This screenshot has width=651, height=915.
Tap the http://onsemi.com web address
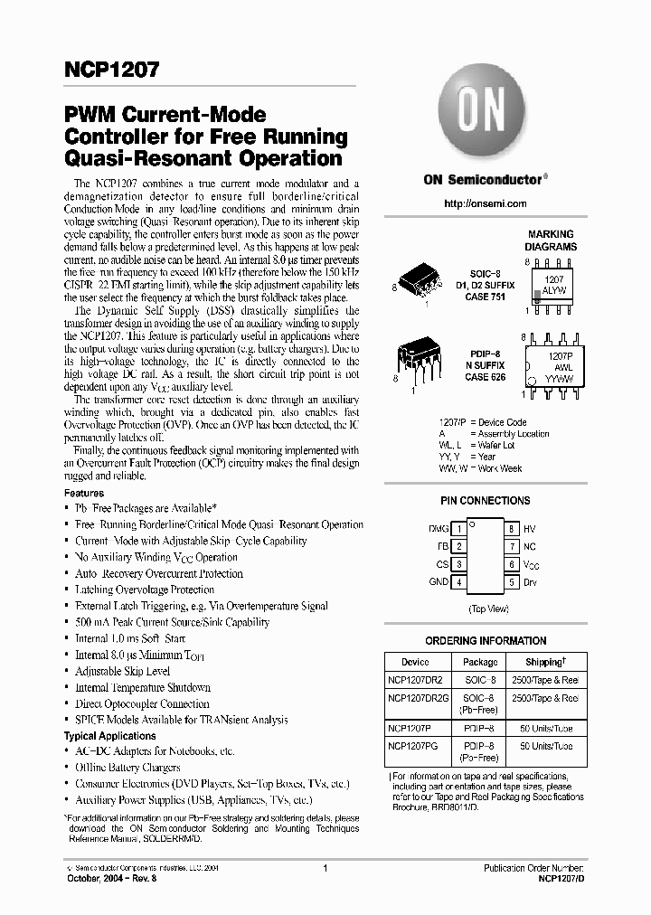tap(486, 204)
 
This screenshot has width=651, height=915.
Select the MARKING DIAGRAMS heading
tap(551, 240)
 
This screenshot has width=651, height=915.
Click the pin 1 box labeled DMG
tap(459, 528)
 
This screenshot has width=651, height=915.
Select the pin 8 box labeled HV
tap(512, 528)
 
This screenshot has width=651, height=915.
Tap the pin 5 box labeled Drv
tap(512, 582)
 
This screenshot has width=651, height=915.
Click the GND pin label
tap(438, 582)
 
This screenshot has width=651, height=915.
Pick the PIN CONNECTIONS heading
tap(485, 501)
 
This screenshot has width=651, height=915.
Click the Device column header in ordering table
tap(415, 662)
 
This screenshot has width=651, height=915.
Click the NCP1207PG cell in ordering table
tap(415, 746)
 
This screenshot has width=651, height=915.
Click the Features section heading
tap(83, 494)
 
